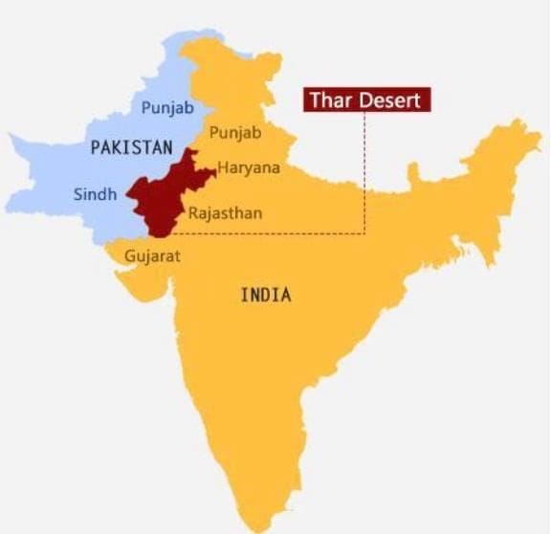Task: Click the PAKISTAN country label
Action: pos(132,148)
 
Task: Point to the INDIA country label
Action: pos(265,295)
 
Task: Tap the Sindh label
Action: pos(95,194)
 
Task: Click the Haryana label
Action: pos(249,167)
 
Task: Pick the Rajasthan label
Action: pos(225,212)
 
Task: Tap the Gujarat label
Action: pos(152,256)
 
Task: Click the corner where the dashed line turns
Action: pos(365,233)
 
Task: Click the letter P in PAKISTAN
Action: pos(96,148)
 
